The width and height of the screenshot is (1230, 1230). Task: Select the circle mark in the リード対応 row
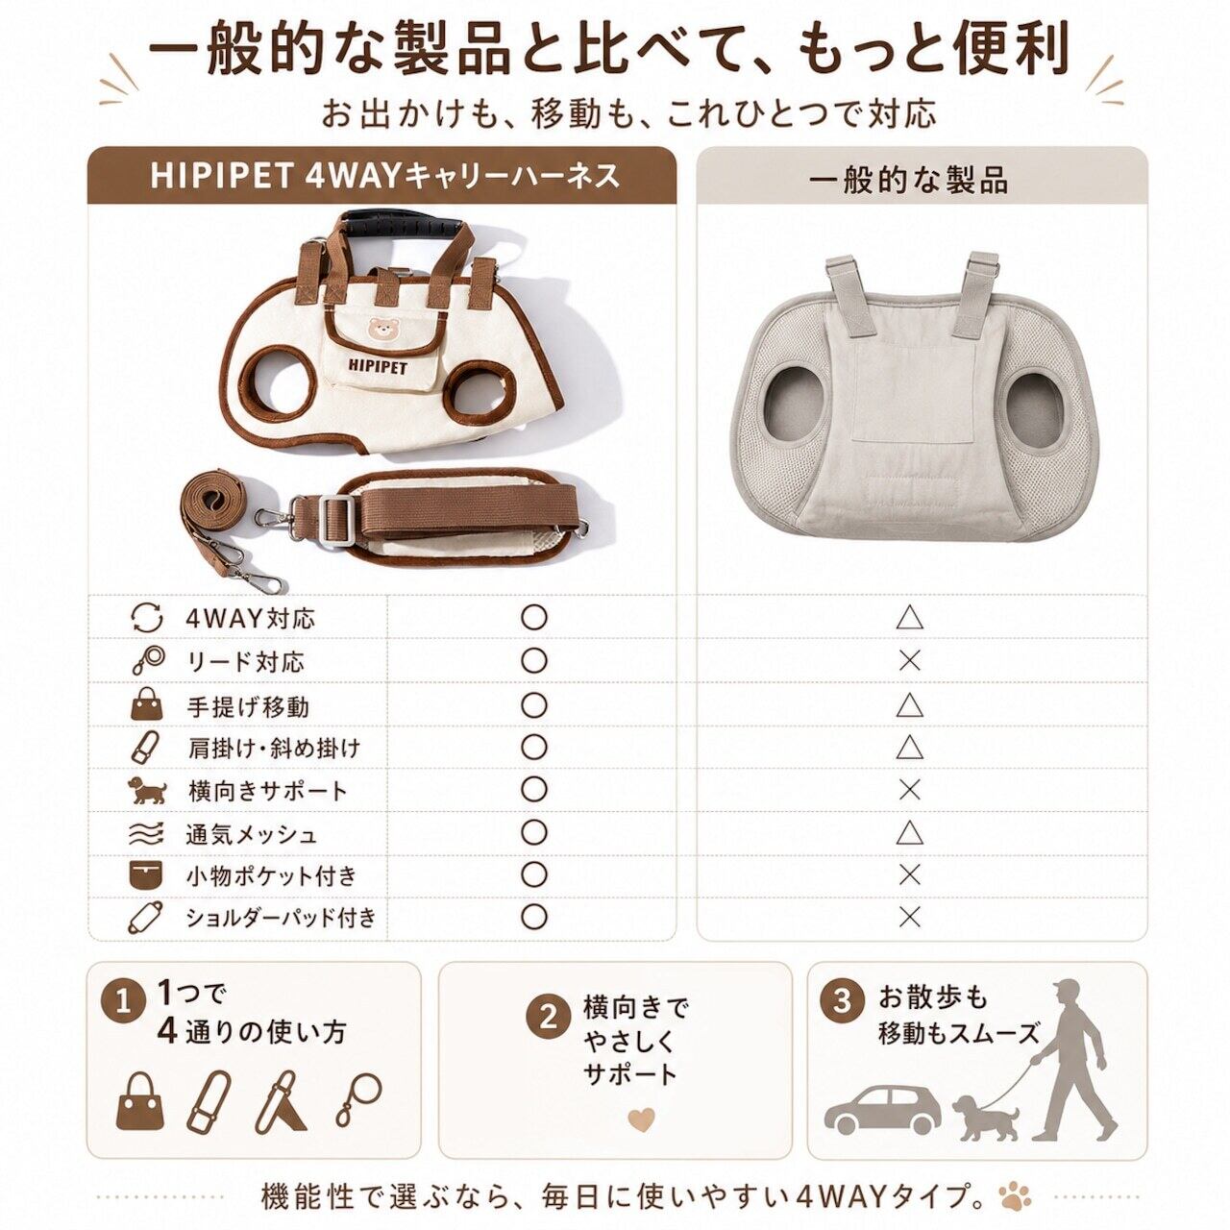[533, 660]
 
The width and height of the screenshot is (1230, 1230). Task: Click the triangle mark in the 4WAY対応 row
[909, 618]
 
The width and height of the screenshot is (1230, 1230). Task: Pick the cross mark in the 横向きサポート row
[909, 790]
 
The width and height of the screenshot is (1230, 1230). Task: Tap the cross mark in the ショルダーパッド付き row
[909, 918]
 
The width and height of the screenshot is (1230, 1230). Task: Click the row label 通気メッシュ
[251, 834]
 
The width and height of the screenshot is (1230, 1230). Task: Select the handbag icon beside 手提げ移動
[147, 704]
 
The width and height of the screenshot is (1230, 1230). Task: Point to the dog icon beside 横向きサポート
[147, 790]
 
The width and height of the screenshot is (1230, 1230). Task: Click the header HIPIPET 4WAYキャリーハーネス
[385, 176]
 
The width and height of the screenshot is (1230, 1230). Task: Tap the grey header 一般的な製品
[908, 181]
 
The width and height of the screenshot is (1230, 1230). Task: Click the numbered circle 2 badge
[549, 1018]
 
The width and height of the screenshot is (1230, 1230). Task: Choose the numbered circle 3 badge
[842, 1001]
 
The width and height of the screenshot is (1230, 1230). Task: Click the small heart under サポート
[642, 1118]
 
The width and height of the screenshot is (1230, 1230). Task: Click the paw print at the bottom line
[1013, 1195]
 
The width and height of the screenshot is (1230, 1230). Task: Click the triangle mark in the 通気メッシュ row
[909, 832]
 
